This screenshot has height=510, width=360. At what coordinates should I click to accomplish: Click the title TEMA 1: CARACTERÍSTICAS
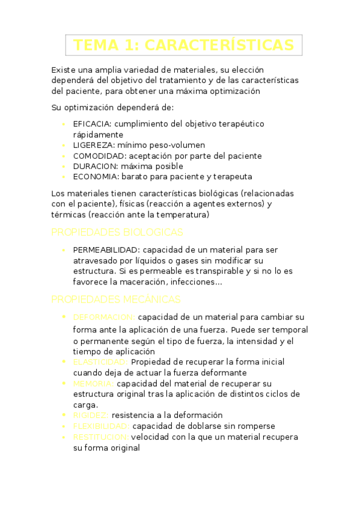click(x=183, y=45)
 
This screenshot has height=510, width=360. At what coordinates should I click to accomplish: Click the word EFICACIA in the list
click(x=92, y=124)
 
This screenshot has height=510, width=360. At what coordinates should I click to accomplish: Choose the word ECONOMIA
click(x=95, y=177)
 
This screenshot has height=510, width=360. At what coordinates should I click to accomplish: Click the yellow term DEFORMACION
click(x=103, y=317)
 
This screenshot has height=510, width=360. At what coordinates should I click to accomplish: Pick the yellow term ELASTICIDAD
click(x=100, y=362)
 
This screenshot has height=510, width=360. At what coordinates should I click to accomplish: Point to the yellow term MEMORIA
click(x=93, y=383)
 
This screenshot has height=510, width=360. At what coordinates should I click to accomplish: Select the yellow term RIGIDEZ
click(x=90, y=415)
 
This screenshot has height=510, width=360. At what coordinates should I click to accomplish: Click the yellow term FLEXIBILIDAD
click(x=100, y=426)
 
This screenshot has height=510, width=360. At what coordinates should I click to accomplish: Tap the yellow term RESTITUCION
click(x=100, y=437)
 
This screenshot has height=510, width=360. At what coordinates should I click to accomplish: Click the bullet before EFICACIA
click(x=64, y=124)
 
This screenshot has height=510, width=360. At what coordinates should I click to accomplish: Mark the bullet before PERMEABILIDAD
click(x=64, y=250)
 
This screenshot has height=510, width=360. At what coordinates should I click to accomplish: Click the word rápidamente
click(x=98, y=135)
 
